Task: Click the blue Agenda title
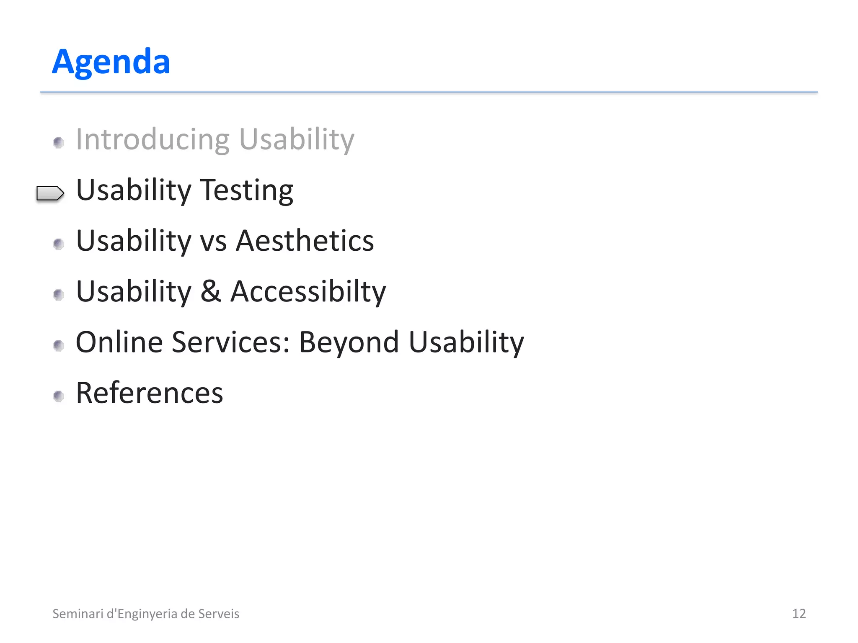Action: [111, 62]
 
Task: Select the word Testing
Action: [246, 191]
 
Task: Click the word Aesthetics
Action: [305, 241]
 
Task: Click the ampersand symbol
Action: [210, 291]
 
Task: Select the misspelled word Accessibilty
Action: [308, 292]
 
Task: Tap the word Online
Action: [119, 342]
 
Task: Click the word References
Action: [150, 393]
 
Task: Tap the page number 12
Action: [799, 613]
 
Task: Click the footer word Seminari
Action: [78, 614]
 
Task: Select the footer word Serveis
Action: [218, 614]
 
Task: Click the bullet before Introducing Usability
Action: [59, 143]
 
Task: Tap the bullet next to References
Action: [59, 396]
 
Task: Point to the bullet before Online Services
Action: [59, 345]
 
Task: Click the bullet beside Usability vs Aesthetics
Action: [59, 244]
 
